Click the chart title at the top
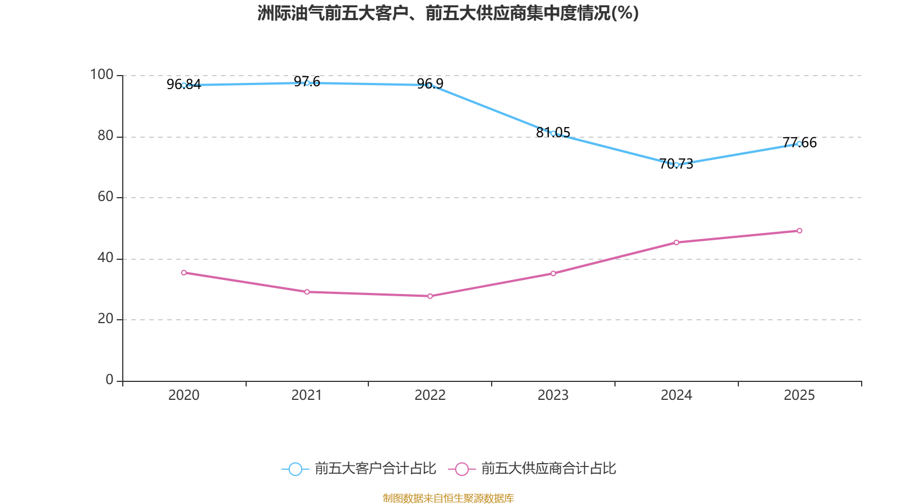pyautogui.click(x=448, y=13)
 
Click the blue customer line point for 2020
pyautogui.click(x=184, y=85)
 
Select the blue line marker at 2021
pyautogui.click(x=307, y=83)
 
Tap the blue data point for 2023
pyautogui.click(x=553, y=133)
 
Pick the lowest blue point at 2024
pyautogui.click(x=676, y=165)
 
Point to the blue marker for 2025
pyautogui.click(x=799, y=144)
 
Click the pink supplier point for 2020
pyautogui.click(x=184, y=273)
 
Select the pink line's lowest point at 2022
pyautogui.click(x=430, y=296)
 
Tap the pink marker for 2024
pyautogui.click(x=676, y=242)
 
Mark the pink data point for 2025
pyautogui.click(x=799, y=231)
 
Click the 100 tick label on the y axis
pyautogui.click(x=101, y=74)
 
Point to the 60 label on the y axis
pyautogui.click(x=105, y=197)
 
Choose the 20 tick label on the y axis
pyautogui.click(x=105, y=319)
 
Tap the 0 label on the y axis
pyautogui.click(x=109, y=380)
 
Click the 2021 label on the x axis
pyautogui.click(x=307, y=395)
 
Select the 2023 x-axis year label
pyautogui.click(x=553, y=395)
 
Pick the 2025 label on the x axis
pyautogui.click(x=799, y=395)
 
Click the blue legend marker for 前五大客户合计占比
pyautogui.click(x=295, y=469)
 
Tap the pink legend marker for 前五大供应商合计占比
pyautogui.click(x=462, y=469)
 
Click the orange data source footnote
pyautogui.click(x=448, y=498)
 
